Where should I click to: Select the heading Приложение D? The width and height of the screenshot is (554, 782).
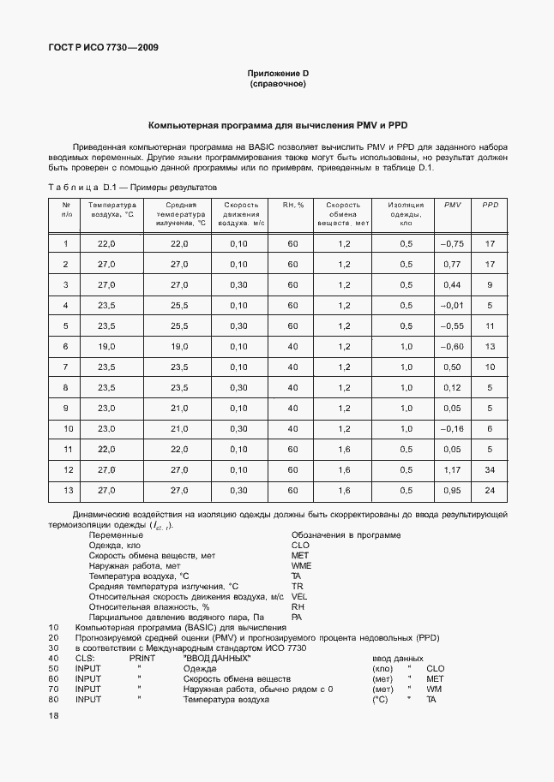point(277,74)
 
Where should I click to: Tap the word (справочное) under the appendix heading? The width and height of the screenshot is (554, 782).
point(277,84)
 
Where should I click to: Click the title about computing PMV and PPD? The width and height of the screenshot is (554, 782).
point(277,125)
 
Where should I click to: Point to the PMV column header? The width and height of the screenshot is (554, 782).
point(452,206)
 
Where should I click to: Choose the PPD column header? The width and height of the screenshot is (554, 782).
point(490,206)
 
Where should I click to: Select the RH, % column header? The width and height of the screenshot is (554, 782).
point(293,206)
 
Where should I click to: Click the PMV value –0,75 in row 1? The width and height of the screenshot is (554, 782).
point(452,244)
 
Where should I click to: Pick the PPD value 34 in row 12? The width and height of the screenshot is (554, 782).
point(490,470)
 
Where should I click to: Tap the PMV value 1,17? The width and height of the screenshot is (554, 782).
point(452,470)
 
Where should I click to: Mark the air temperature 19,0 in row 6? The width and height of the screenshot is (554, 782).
point(106,347)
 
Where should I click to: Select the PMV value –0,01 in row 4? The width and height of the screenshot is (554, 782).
point(452,306)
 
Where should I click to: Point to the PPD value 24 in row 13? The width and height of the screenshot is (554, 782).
point(490,491)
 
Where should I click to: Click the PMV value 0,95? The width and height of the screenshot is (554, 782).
point(452,491)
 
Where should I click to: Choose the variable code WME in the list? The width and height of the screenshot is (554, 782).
point(301,565)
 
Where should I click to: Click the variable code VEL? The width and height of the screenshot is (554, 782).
point(299,596)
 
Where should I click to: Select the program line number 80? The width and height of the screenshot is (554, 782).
point(54,700)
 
